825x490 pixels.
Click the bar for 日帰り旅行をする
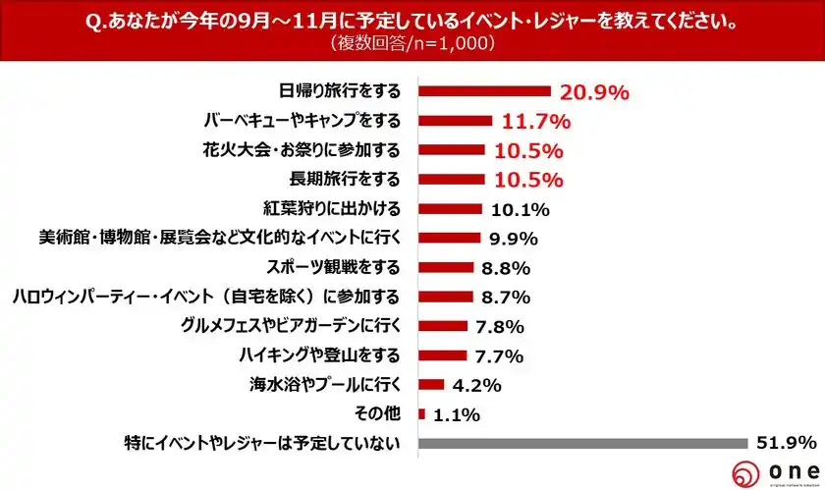tap(484, 91)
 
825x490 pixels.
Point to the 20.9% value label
tap(594, 92)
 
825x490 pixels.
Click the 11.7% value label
tap(536, 122)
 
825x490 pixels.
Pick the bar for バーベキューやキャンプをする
tap(456, 121)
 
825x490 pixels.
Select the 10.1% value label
tap(520, 209)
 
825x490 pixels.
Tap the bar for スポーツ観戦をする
tap(447, 267)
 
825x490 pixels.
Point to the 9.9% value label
tap(515, 239)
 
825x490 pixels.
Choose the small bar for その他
tap(422, 414)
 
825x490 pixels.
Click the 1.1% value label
tap(456, 414)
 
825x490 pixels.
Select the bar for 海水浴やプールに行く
tap(432, 385)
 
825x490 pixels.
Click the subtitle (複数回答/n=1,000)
tap(413, 45)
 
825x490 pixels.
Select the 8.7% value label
tap(506, 298)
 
